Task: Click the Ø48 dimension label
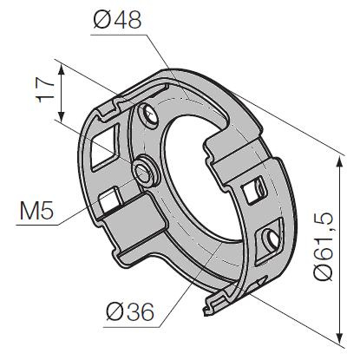tap(117, 20)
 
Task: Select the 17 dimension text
tap(45, 89)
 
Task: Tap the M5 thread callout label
tap(36, 210)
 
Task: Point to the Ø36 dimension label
tap(130, 311)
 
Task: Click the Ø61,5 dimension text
tap(324, 246)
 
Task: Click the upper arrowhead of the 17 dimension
tap(61, 70)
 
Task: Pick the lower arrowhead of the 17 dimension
tap(61, 116)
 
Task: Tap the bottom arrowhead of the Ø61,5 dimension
tap(340, 337)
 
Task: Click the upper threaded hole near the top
tap(148, 115)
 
